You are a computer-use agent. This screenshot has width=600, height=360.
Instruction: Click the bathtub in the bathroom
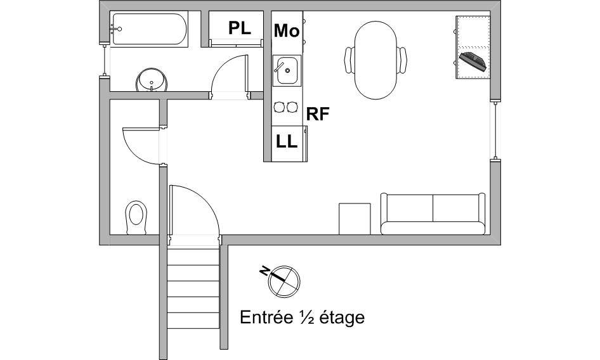(149, 29)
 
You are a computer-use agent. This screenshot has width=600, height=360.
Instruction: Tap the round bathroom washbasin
(152, 80)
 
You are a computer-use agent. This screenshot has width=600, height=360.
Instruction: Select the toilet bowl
(136, 217)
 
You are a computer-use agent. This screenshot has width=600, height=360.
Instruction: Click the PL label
(240, 28)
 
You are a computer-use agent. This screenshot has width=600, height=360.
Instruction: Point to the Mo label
(287, 30)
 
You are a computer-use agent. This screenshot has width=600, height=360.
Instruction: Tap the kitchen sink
(287, 70)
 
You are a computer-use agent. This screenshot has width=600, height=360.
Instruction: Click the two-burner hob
(285, 107)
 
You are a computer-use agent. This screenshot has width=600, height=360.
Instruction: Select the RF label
(318, 114)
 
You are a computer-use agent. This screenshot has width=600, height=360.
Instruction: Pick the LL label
(287, 142)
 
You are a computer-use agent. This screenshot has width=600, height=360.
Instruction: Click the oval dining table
(375, 60)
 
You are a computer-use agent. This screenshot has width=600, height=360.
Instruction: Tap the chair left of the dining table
(349, 60)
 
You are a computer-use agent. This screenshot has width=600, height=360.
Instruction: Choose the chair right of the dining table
(401, 60)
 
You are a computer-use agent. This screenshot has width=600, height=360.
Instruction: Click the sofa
(433, 214)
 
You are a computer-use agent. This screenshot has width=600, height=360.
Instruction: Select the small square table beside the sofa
(355, 219)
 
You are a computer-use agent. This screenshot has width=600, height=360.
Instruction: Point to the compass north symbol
(283, 281)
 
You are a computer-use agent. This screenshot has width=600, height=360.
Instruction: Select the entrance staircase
(193, 288)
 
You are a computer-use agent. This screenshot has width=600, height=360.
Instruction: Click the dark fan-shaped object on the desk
(473, 61)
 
